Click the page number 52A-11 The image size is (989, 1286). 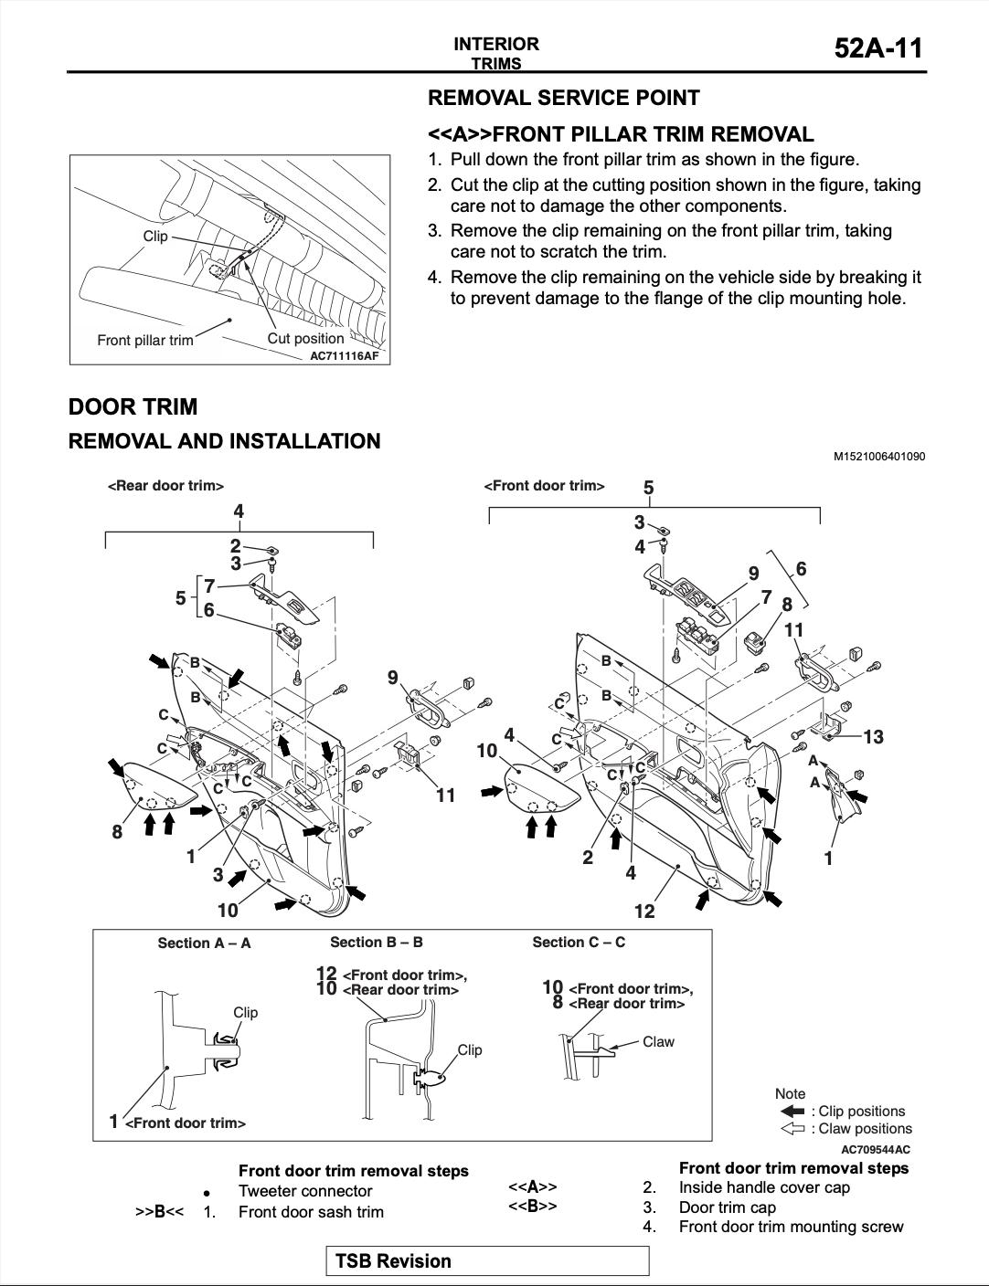[878, 48]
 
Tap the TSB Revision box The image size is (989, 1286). [487, 1260]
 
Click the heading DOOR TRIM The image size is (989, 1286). [133, 406]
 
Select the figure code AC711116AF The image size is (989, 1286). [344, 356]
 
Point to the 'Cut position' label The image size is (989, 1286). [305, 339]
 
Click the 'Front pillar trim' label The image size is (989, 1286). [145, 341]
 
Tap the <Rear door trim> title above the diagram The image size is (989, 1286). [165, 486]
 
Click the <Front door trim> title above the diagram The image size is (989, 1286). [544, 486]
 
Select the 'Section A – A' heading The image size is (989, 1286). [205, 943]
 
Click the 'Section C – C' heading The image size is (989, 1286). [579, 943]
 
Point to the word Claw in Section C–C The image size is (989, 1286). [658, 1041]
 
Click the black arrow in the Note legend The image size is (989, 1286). [792, 1112]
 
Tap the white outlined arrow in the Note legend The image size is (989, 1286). [792, 1129]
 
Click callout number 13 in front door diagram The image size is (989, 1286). [873, 737]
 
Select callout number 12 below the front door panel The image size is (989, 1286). [644, 912]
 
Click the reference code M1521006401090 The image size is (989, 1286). [879, 457]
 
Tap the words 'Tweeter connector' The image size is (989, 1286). [305, 1191]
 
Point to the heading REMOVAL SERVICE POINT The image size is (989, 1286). [564, 98]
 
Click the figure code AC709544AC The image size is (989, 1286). [876, 1149]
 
